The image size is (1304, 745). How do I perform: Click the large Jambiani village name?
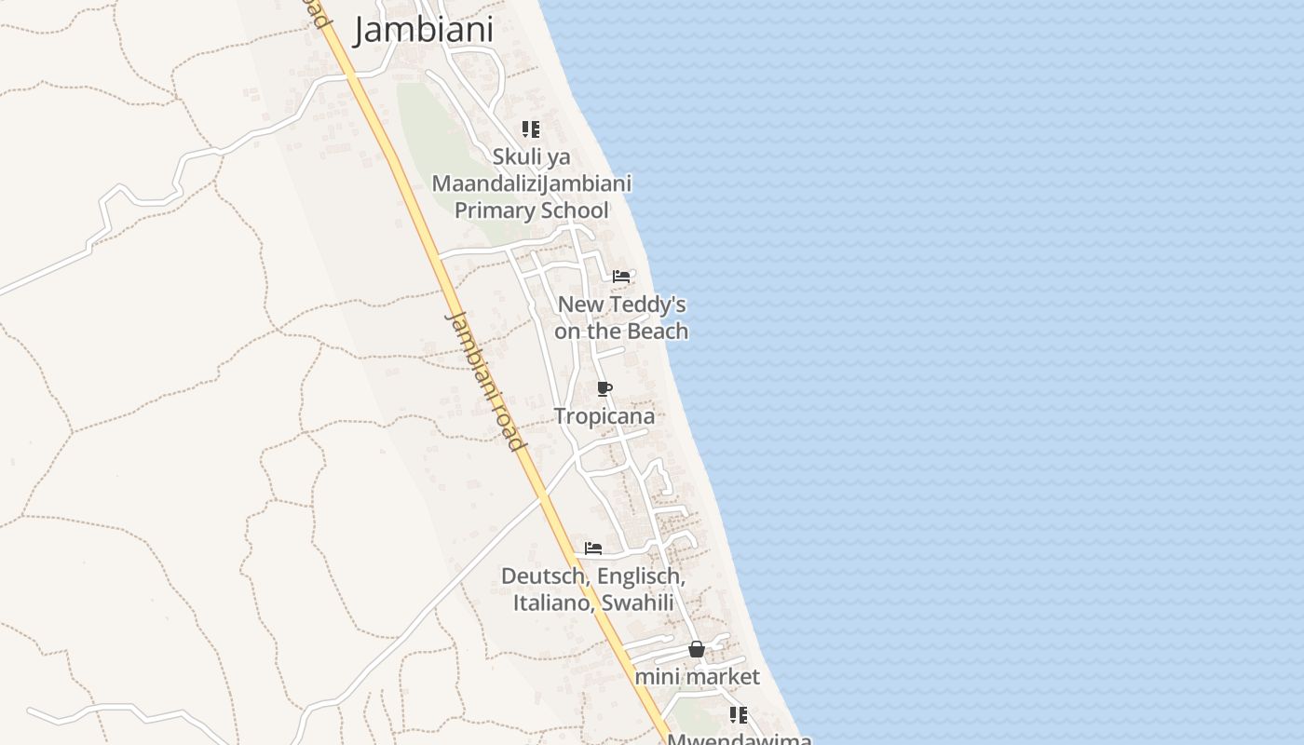pos(423,30)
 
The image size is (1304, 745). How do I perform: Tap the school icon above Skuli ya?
pos(530,129)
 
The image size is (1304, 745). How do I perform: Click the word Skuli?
pos(518,156)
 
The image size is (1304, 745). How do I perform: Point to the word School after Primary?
pos(571,210)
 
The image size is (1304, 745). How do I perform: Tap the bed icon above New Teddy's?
pos(621,277)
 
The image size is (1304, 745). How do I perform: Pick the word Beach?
pos(658,332)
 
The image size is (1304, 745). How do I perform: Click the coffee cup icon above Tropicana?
pos(604,389)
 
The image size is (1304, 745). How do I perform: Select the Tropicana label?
pos(604,416)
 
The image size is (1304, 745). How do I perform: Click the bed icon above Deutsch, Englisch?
pos(593,549)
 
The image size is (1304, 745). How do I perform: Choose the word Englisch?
pos(641,576)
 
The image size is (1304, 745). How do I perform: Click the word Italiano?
pos(553,603)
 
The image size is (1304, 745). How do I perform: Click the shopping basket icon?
pos(697,649)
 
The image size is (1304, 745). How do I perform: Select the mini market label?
pos(697,677)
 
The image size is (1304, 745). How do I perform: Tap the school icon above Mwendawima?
pos(738,715)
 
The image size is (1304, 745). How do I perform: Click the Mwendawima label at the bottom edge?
pos(740,739)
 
